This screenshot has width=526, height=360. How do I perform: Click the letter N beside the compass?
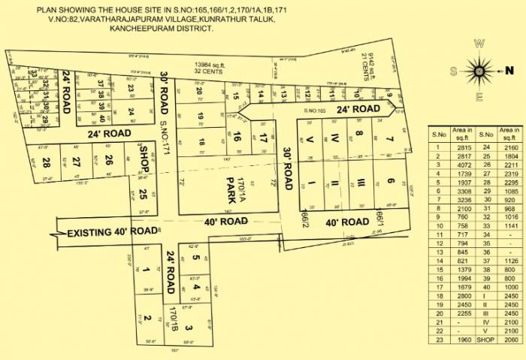tap(507, 70)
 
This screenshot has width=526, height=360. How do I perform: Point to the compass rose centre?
tap(478, 71)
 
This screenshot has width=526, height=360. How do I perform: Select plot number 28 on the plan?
tap(47, 162)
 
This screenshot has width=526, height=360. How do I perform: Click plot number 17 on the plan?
tap(263, 138)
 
